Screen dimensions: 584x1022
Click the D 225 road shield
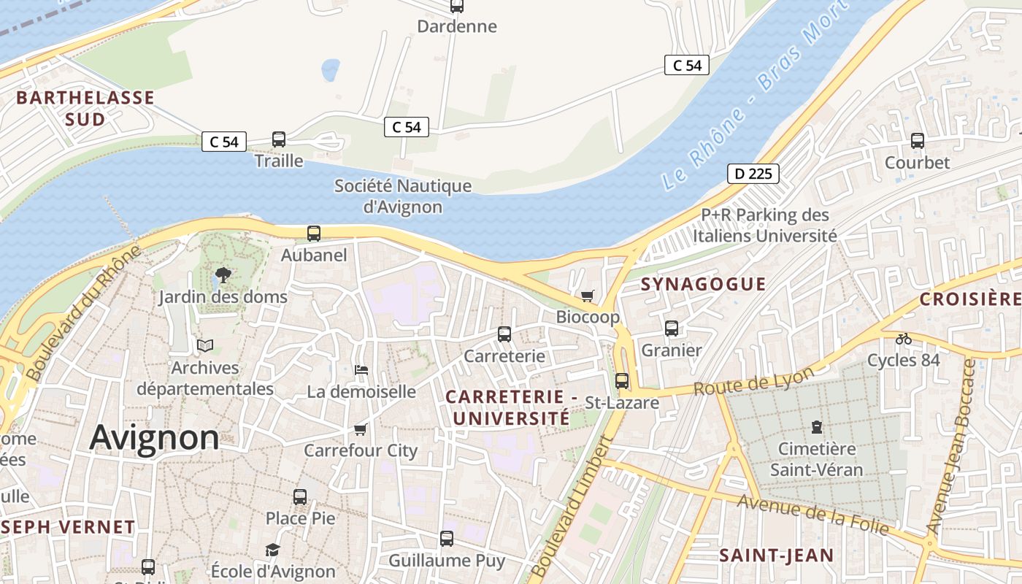tap(753, 174)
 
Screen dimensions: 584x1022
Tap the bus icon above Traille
tap(278, 139)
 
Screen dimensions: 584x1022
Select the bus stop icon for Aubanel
tap(313, 233)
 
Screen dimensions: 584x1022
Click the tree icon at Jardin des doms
tap(223, 275)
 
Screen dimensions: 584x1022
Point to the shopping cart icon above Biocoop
tap(587, 296)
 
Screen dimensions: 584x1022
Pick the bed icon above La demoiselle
tap(361, 369)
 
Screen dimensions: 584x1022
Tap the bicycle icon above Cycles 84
tap(903, 338)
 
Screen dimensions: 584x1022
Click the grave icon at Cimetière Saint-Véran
tap(816, 426)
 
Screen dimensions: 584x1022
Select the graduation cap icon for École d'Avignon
tap(272, 549)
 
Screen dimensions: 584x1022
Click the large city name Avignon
tap(154, 437)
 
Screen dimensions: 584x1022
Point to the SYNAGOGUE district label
tap(703, 284)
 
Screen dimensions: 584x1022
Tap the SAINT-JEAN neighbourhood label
tap(776, 556)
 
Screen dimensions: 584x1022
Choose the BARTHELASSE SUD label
tap(85, 108)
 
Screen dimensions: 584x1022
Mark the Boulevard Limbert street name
tap(572, 509)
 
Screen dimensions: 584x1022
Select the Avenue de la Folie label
tap(812, 514)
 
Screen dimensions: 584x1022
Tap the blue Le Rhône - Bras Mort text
tap(755, 95)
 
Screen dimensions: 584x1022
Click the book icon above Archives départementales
tap(205, 345)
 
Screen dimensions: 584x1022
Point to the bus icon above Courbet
tap(917, 140)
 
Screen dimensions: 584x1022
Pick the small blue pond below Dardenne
tap(330, 70)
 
